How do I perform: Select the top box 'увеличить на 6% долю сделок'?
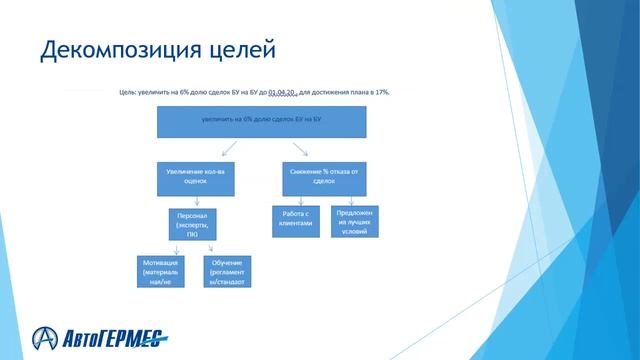[261, 121]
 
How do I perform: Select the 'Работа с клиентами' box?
[298, 219]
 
